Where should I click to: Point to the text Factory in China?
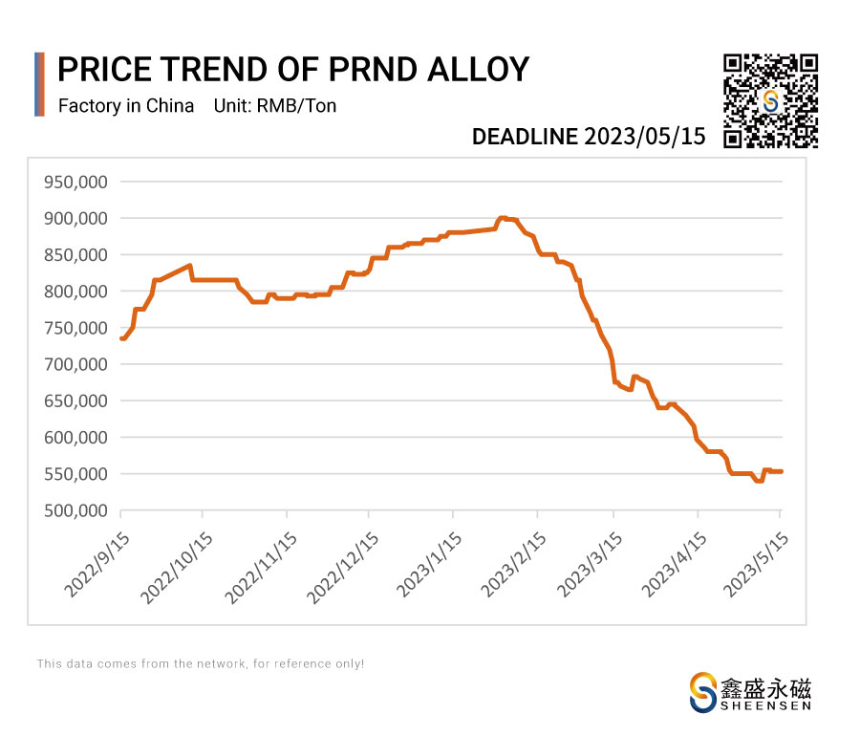pyautogui.click(x=126, y=106)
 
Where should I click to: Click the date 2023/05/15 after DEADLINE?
pyautogui.click(x=646, y=137)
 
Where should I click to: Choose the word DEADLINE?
pyautogui.click(x=526, y=137)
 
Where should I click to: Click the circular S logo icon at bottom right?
pyautogui.click(x=703, y=691)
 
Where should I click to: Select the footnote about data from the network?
pyautogui.click(x=201, y=663)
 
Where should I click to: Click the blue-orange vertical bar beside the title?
pyautogui.click(x=39, y=84)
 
